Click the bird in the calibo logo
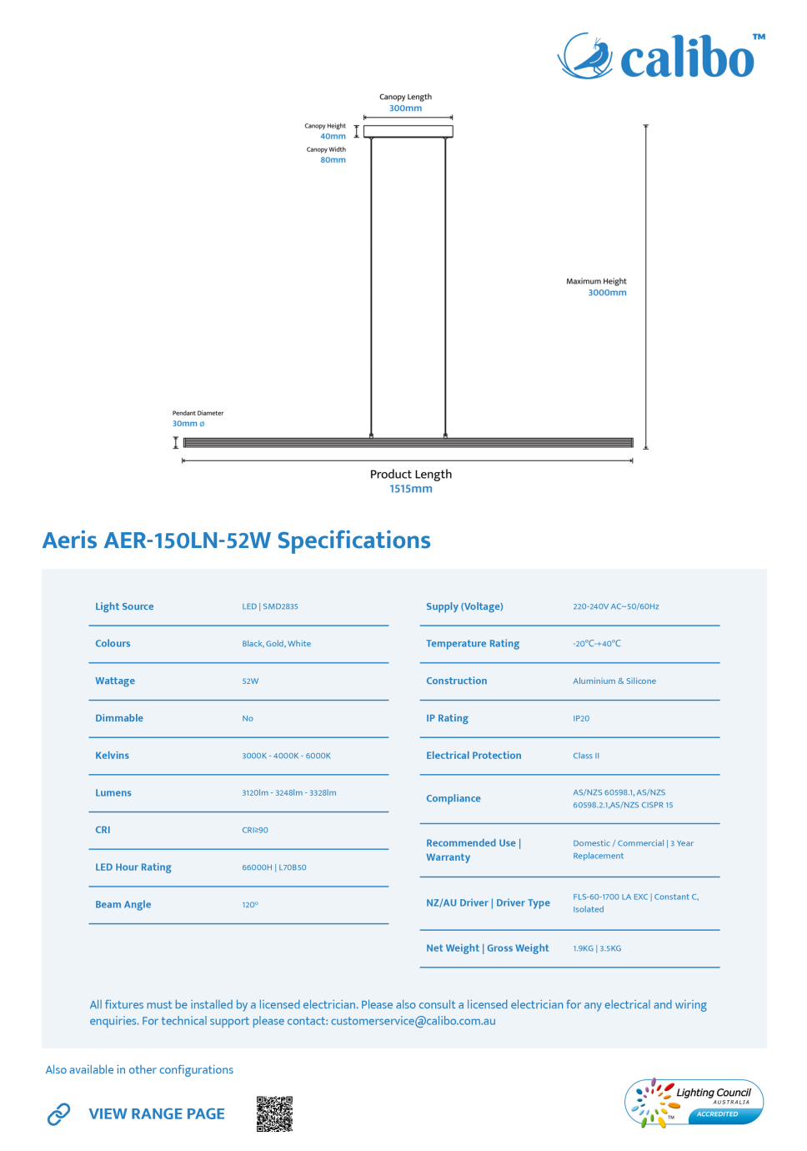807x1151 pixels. (x=592, y=56)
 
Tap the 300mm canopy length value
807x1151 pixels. (x=405, y=108)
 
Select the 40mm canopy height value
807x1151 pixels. (x=333, y=136)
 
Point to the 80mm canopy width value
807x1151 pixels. (x=333, y=160)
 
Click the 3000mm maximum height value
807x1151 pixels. (x=607, y=293)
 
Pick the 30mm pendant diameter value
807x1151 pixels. (x=188, y=424)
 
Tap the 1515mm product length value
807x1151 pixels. (x=410, y=489)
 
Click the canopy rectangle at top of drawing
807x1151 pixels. (x=408, y=131)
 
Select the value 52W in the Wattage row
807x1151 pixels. (x=250, y=681)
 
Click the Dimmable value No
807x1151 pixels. (x=248, y=718)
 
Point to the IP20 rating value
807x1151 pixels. (x=581, y=718)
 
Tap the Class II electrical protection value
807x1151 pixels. (x=586, y=756)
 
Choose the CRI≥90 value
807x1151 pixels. (x=255, y=830)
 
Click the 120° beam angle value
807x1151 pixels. (x=250, y=904)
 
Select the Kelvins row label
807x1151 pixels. (x=112, y=756)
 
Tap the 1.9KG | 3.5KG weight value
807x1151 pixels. (x=597, y=948)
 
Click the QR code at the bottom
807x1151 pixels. (x=274, y=1113)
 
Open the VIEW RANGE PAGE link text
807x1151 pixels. (x=157, y=1113)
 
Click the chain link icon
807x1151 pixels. (x=58, y=1113)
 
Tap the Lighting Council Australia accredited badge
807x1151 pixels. (x=694, y=1102)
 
